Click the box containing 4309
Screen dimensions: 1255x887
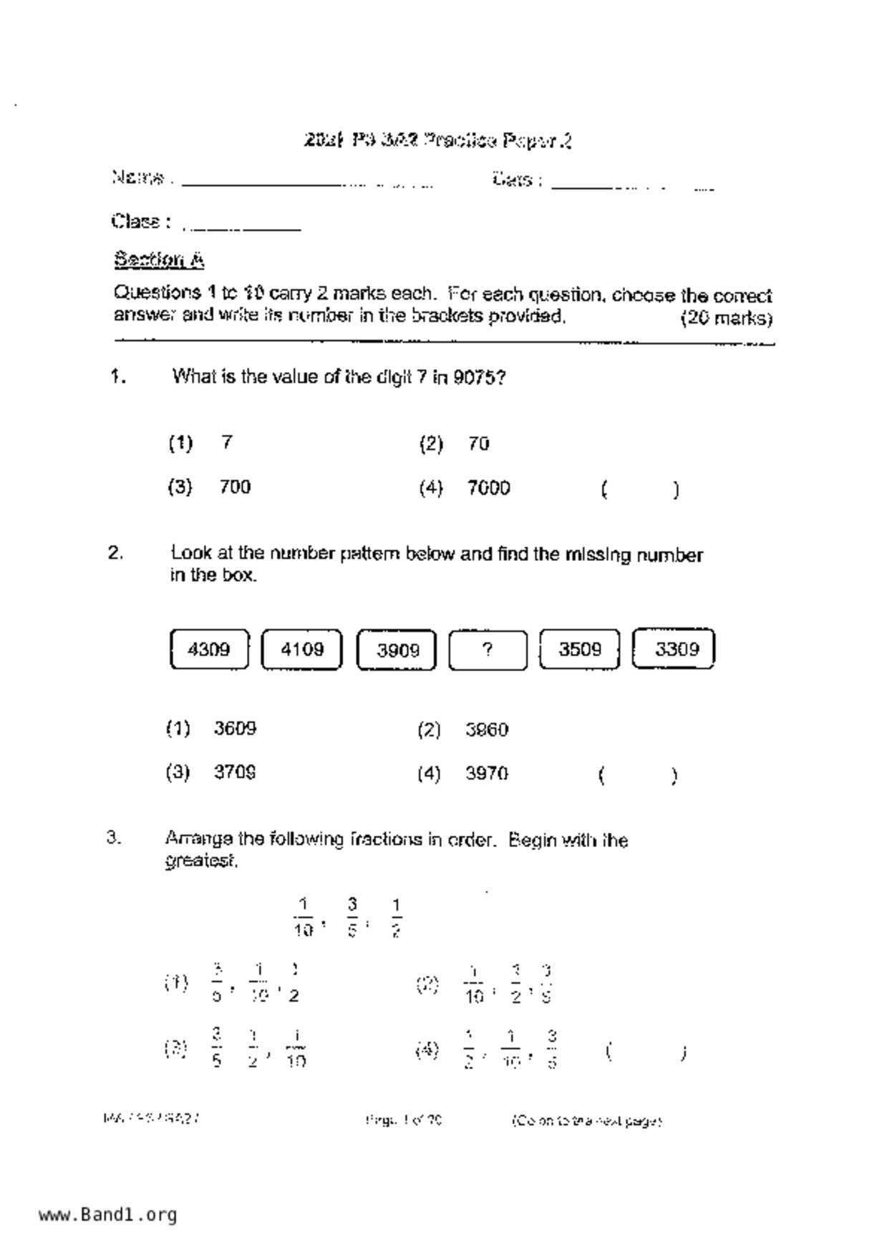coord(209,650)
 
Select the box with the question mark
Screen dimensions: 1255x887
coord(488,650)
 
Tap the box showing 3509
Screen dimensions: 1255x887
coord(579,650)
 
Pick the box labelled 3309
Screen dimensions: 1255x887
coord(674,649)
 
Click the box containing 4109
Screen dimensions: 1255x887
coord(301,650)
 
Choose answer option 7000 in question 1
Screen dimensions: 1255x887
coord(488,489)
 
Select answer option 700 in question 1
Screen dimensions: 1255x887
coord(235,487)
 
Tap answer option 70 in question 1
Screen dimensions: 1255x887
coord(478,444)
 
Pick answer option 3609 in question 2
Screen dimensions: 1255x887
coord(235,729)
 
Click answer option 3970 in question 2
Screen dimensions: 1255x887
coord(487,774)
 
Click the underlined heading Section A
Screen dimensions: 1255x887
coord(159,260)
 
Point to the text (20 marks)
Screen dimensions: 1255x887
coord(726,318)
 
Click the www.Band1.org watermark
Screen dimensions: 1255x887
coord(107,1215)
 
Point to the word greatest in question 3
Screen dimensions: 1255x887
coord(200,861)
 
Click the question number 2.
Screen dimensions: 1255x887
coord(115,553)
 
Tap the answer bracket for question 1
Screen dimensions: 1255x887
coord(640,490)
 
